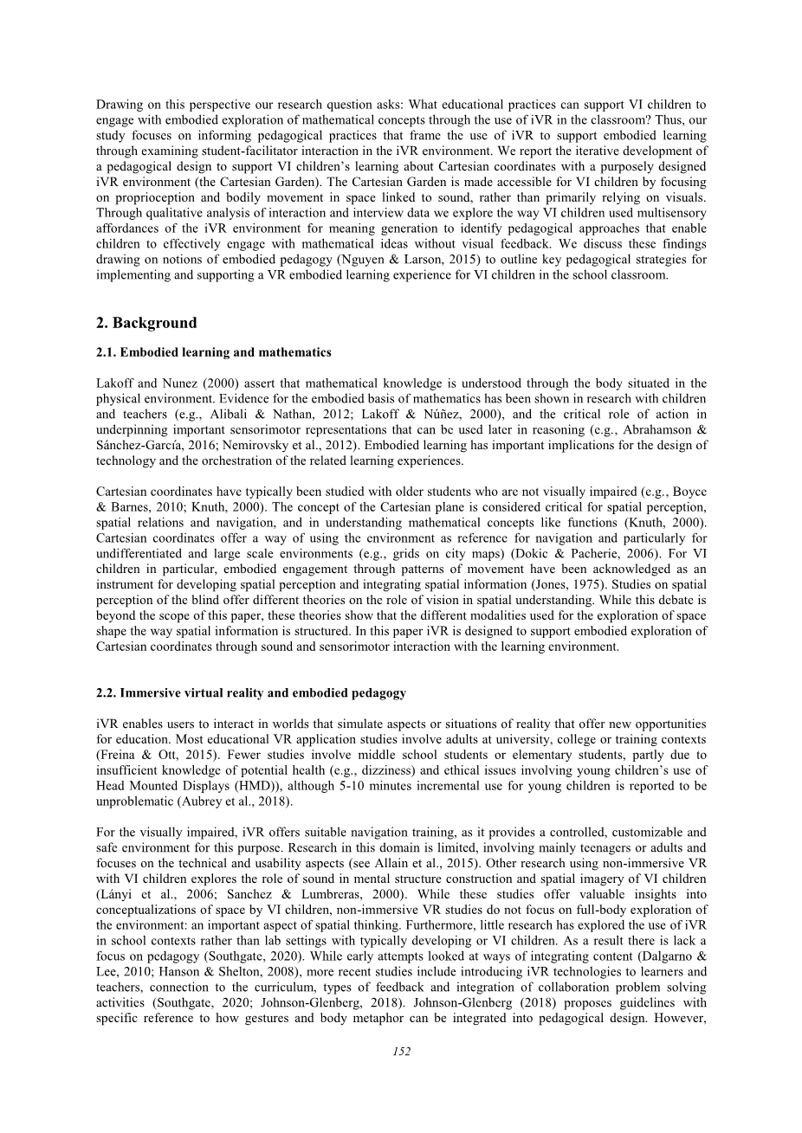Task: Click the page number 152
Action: click(x=401, y=1051)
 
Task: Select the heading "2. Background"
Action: click(x=146, y=323)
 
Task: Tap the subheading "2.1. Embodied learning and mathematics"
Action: click(x=213, y=352)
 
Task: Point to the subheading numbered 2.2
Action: click(x=250, y=692)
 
